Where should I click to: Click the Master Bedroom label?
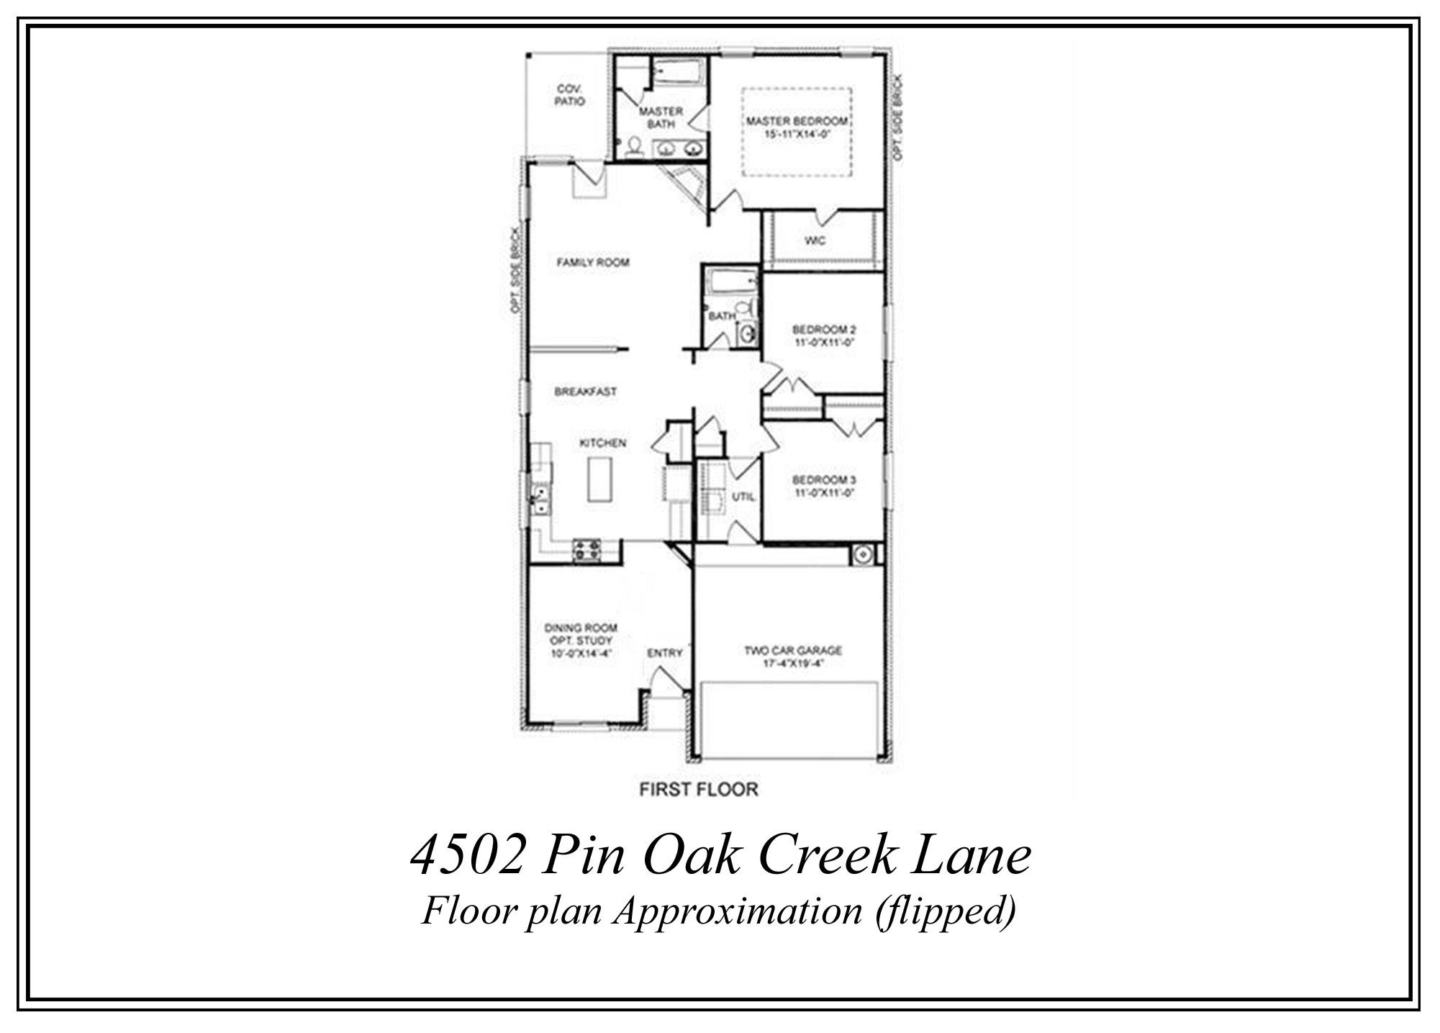797,121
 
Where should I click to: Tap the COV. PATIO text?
569,95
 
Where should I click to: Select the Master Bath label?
661,117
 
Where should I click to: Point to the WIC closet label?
815,240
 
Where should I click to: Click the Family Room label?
593,263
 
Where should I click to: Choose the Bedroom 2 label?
824,330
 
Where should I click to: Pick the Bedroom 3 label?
824,480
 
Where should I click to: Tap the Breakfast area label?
585,392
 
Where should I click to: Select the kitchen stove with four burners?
587,551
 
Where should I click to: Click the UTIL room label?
743,497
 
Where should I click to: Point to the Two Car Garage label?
792,651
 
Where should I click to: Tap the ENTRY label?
664,654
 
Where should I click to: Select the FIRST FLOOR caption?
698,790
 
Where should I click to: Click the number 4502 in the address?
466,857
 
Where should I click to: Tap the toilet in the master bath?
634,148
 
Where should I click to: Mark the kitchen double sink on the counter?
538,500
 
